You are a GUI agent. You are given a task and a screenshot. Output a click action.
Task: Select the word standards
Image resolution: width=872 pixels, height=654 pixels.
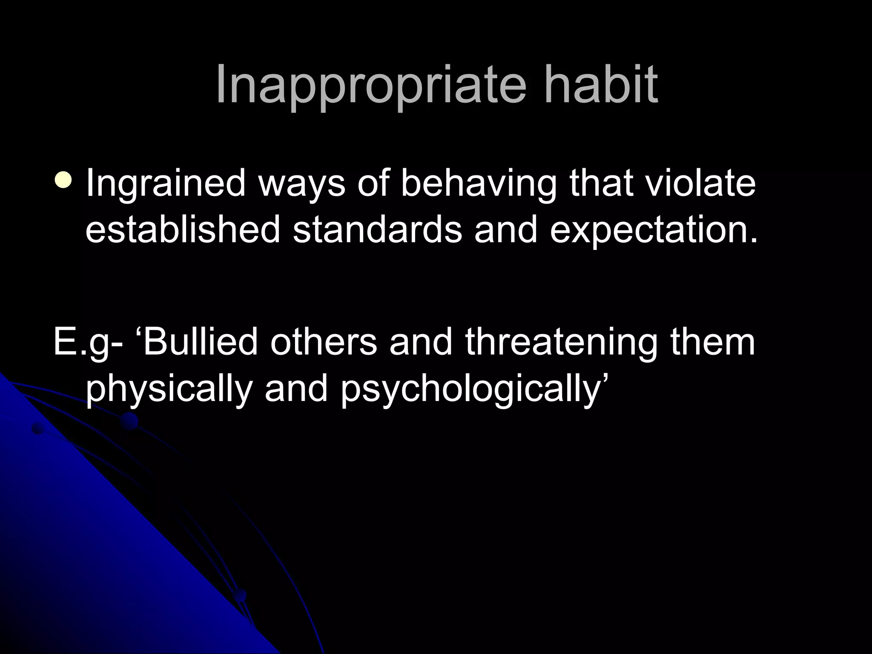pyautogui.click(x=377, y=229)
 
